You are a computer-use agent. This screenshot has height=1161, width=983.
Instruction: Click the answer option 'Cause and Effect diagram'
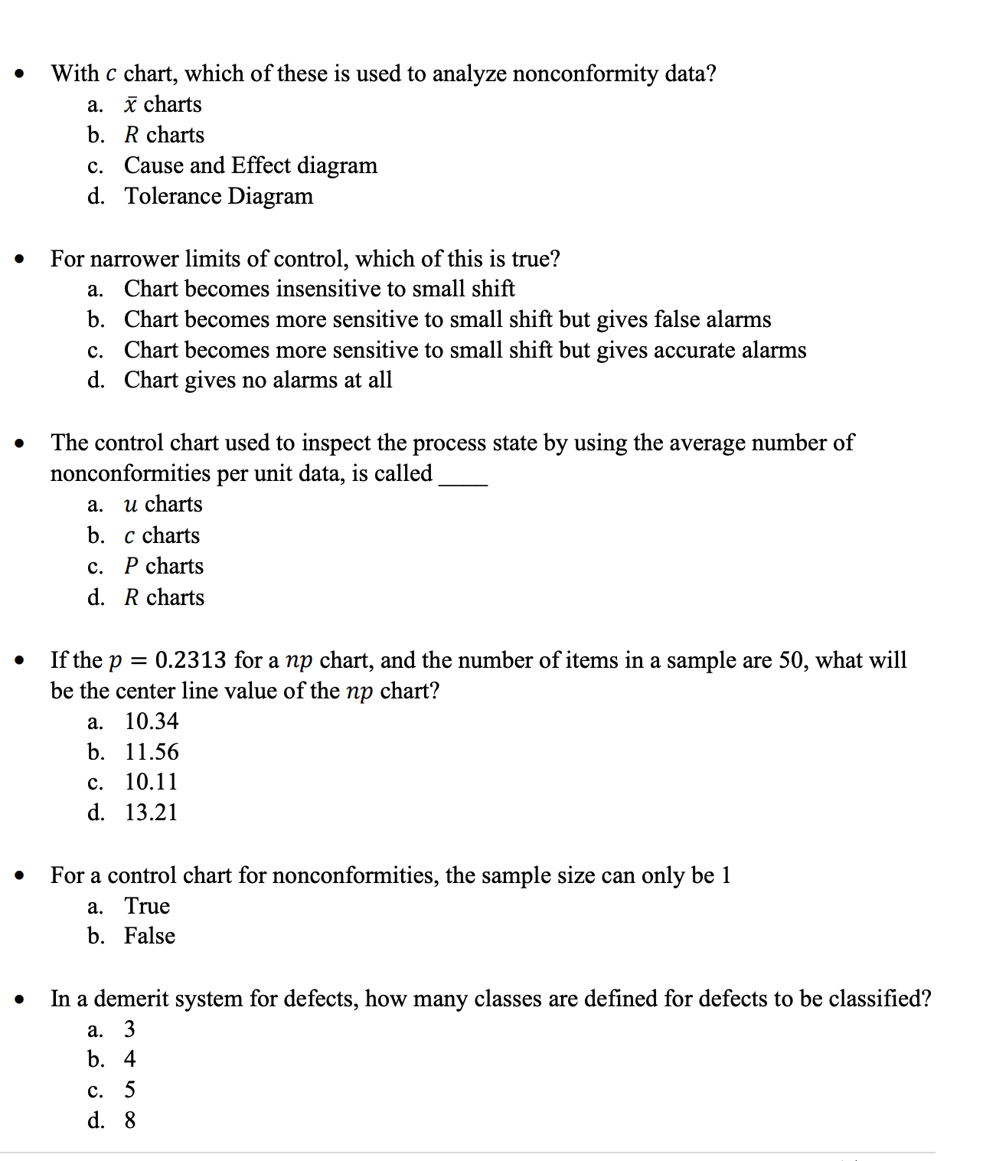point(250,165)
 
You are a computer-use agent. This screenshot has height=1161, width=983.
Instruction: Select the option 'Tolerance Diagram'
point(218,196)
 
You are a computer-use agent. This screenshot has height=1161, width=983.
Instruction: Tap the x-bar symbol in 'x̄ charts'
point(131,105)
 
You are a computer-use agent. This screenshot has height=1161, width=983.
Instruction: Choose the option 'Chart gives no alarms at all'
point(258,380)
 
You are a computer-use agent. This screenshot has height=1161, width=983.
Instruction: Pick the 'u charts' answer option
point(163,504)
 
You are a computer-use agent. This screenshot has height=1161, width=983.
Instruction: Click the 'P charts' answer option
point(164,566)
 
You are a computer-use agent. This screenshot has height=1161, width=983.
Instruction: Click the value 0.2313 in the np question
point(191,660)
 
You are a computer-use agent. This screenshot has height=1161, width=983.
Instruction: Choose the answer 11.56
point(152,752)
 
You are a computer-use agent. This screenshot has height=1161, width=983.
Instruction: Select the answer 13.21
point(151,813)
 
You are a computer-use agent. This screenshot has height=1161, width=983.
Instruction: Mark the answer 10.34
point(152,721)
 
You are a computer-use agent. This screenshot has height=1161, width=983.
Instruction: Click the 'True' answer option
point(147,906)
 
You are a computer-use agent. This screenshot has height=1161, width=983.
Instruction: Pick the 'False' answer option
point(149,936)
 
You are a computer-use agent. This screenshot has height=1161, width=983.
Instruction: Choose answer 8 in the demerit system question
point(130,1120)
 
